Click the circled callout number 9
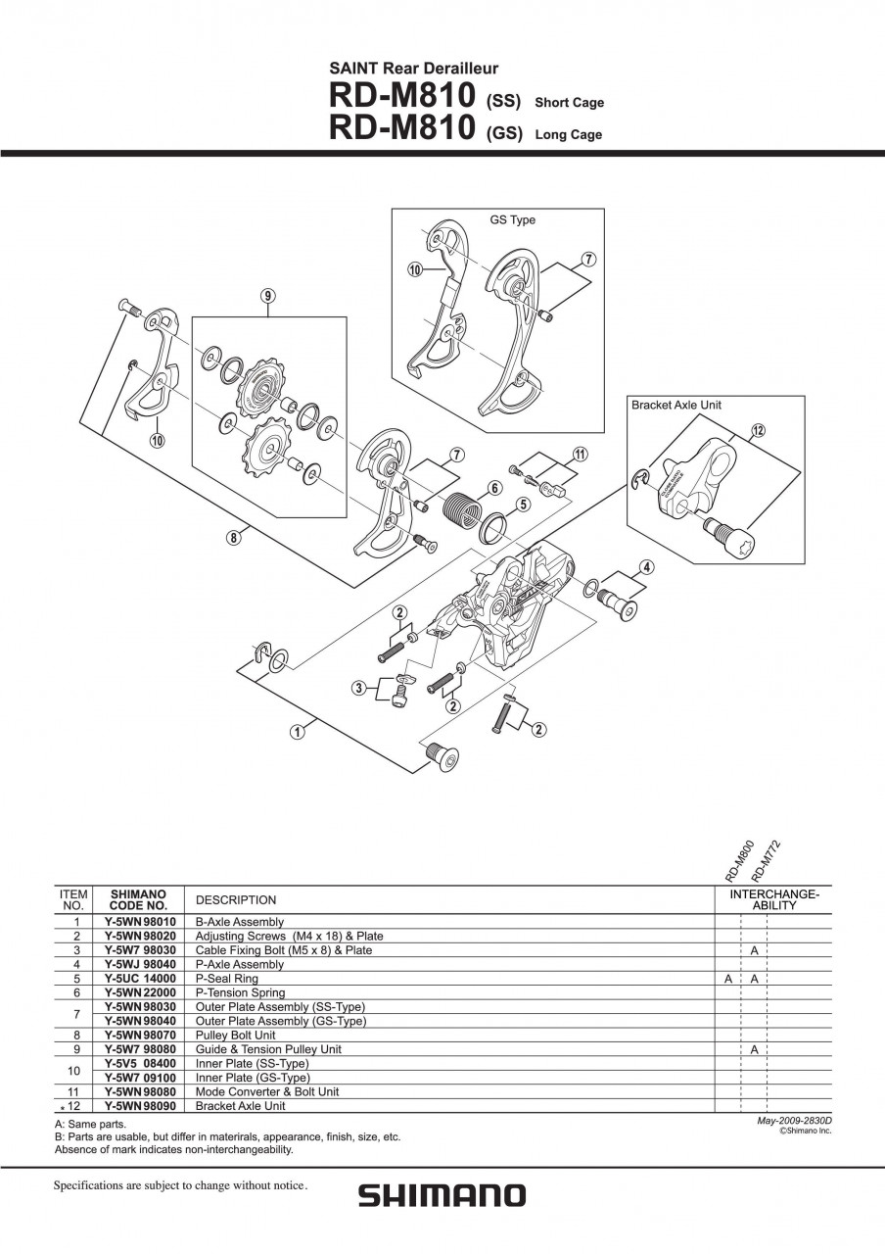(267, 296)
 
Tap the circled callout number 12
(758, 429)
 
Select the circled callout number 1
(296, 730)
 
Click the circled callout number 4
(647, 566)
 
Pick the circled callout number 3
(360, 688)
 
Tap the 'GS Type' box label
(512, 220)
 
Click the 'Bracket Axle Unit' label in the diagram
(676, 405)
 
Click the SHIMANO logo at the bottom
(442, 1195)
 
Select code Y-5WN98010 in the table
(140, 922)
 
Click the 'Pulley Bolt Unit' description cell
(236, 1035)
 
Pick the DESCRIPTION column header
(236, 899)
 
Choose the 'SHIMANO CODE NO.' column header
(138, 899)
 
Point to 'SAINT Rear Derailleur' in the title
(413, 69)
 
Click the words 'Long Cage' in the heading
(568, 135)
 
